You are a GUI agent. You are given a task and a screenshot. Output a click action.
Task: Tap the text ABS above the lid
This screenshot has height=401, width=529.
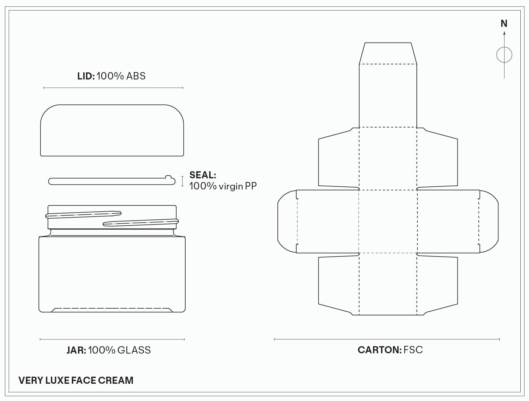click(136, 76)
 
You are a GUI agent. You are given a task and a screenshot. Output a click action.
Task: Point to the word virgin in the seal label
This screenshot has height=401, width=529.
click(231, 186)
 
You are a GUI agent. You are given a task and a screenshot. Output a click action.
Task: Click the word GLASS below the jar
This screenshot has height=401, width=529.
click(134, 350)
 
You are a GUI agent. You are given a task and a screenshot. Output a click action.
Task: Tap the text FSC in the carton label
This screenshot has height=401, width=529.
click(413, 350)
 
